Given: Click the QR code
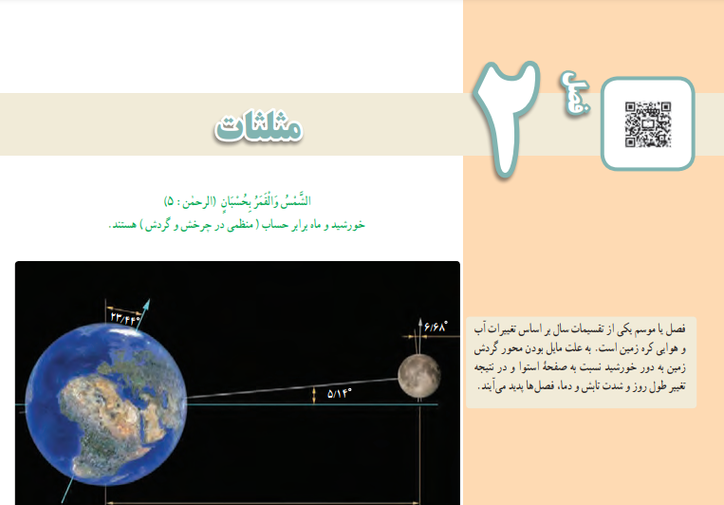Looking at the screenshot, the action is coord(648,124).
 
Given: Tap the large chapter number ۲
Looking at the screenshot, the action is coord(506,118).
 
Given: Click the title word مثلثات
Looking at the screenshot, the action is coord(258,125).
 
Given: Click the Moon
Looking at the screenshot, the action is coord(419,376).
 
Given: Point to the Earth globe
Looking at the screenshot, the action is coord(105,404).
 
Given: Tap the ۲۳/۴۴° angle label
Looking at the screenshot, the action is coord(124,318).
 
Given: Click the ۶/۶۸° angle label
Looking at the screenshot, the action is coord(436,327).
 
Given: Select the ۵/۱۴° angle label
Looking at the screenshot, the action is coord(340,394).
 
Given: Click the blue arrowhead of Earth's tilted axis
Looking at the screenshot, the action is coord(146,304).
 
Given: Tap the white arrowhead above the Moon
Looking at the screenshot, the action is coord(420,322).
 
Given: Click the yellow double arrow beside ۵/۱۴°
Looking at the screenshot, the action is coord(314,395).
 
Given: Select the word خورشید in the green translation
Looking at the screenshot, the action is coord(348,225).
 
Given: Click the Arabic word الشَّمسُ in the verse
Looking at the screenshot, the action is coord(298,201).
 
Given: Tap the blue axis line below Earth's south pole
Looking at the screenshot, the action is coord(68,489).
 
